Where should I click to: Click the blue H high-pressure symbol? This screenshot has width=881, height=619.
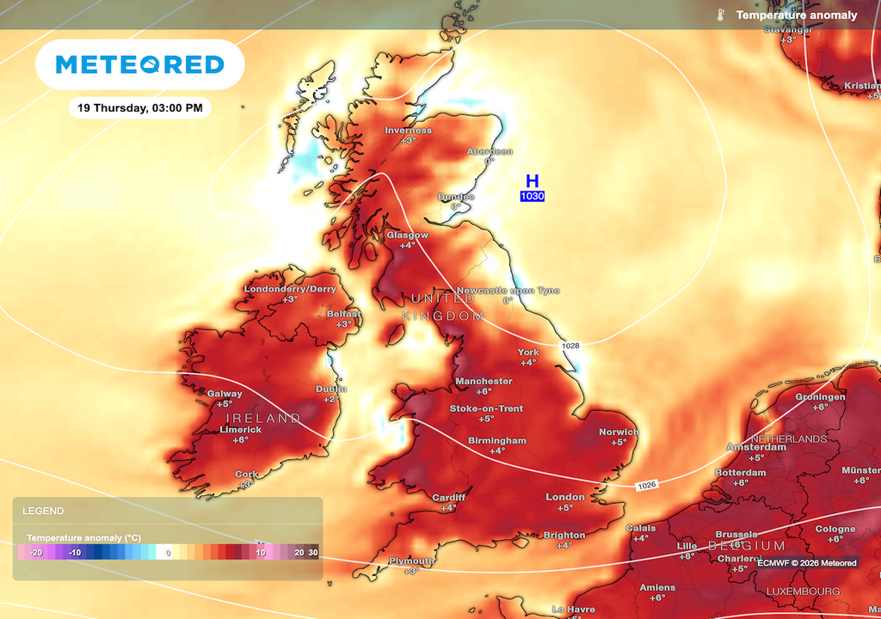click(533, 181)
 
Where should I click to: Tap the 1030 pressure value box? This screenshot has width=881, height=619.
click(532, 197)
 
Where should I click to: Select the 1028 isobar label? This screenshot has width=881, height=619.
click(570, 346)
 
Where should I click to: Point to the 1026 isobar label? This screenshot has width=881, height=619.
click(647, 486)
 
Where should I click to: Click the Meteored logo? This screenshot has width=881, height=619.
click(139, 64)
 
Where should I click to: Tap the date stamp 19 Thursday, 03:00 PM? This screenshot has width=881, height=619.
click(139, 108)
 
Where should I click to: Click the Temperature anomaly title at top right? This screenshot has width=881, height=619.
click(796, 15)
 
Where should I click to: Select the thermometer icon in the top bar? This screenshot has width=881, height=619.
click(718, 15)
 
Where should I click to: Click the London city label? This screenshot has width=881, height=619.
click(565, 497)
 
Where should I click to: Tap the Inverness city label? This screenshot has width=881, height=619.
click(408, 131)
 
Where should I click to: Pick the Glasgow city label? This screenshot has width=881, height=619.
click(407, 235)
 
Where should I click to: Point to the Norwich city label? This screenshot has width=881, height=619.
click(619, 432)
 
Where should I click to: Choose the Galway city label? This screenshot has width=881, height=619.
click(225, 394)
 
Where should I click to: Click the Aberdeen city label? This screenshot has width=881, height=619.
click(490, 151)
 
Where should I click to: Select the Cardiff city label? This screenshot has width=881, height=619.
click(448, 498)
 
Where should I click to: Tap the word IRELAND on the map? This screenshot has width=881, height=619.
click(262, 418)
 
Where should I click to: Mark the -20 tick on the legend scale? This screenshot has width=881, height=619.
click(35, 553)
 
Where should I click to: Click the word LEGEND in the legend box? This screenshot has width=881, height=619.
click(43, 511)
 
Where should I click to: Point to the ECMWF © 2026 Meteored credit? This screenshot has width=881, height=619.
click(806, 563)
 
